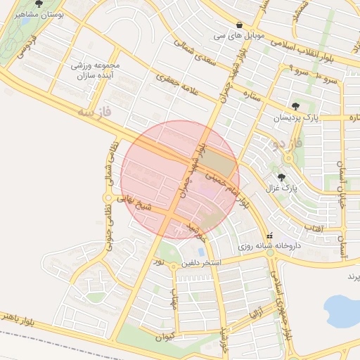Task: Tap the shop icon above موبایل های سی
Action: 240,22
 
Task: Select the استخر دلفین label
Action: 201,263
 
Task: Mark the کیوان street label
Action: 164,337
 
